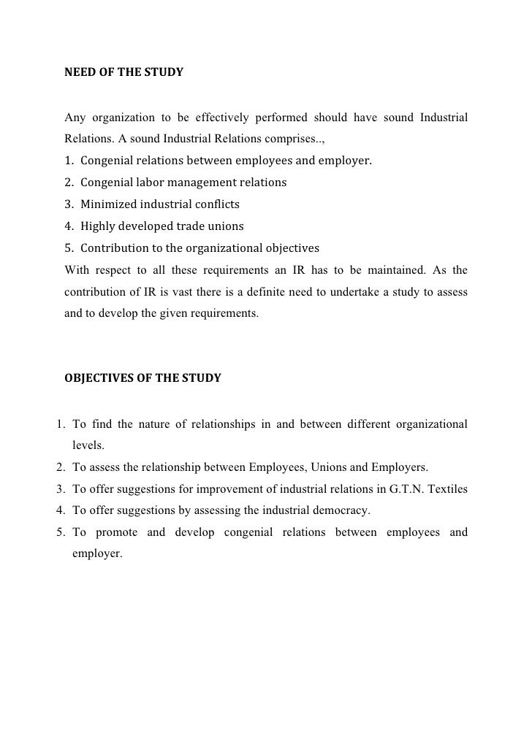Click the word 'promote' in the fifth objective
pos(115,532)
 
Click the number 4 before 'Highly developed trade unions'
pos(68,226)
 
